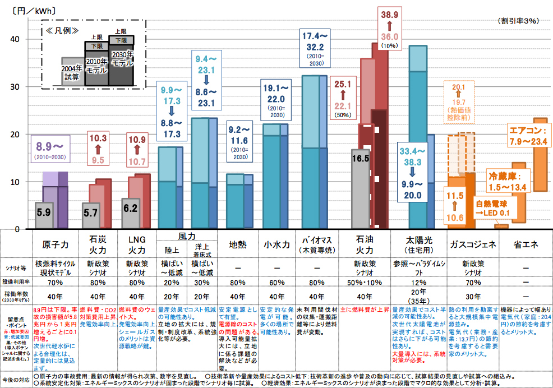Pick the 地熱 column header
pos(238,245)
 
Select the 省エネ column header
pos(526,245)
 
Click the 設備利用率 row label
pos(17,282)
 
